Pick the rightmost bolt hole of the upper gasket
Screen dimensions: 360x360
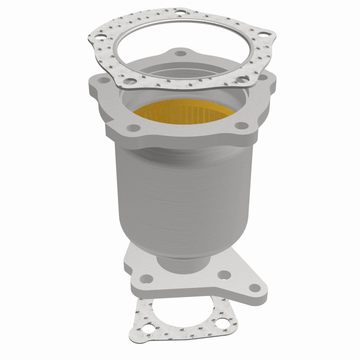pos(269,33)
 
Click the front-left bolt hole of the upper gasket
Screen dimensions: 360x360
pos(130,81)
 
